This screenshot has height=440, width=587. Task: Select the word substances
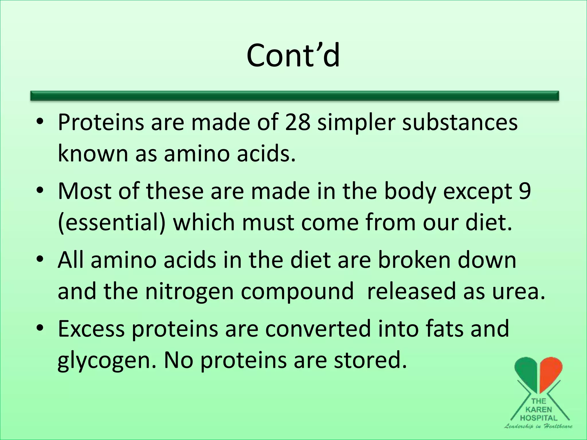point(460,123)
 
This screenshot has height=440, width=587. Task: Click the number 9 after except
point(525,191)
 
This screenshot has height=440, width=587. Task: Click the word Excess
point(91,329)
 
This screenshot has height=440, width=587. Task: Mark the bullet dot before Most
point(40,190)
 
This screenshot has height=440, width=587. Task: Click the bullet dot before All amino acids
point(40,259)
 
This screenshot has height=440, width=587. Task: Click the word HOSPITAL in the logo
point(539,418)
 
